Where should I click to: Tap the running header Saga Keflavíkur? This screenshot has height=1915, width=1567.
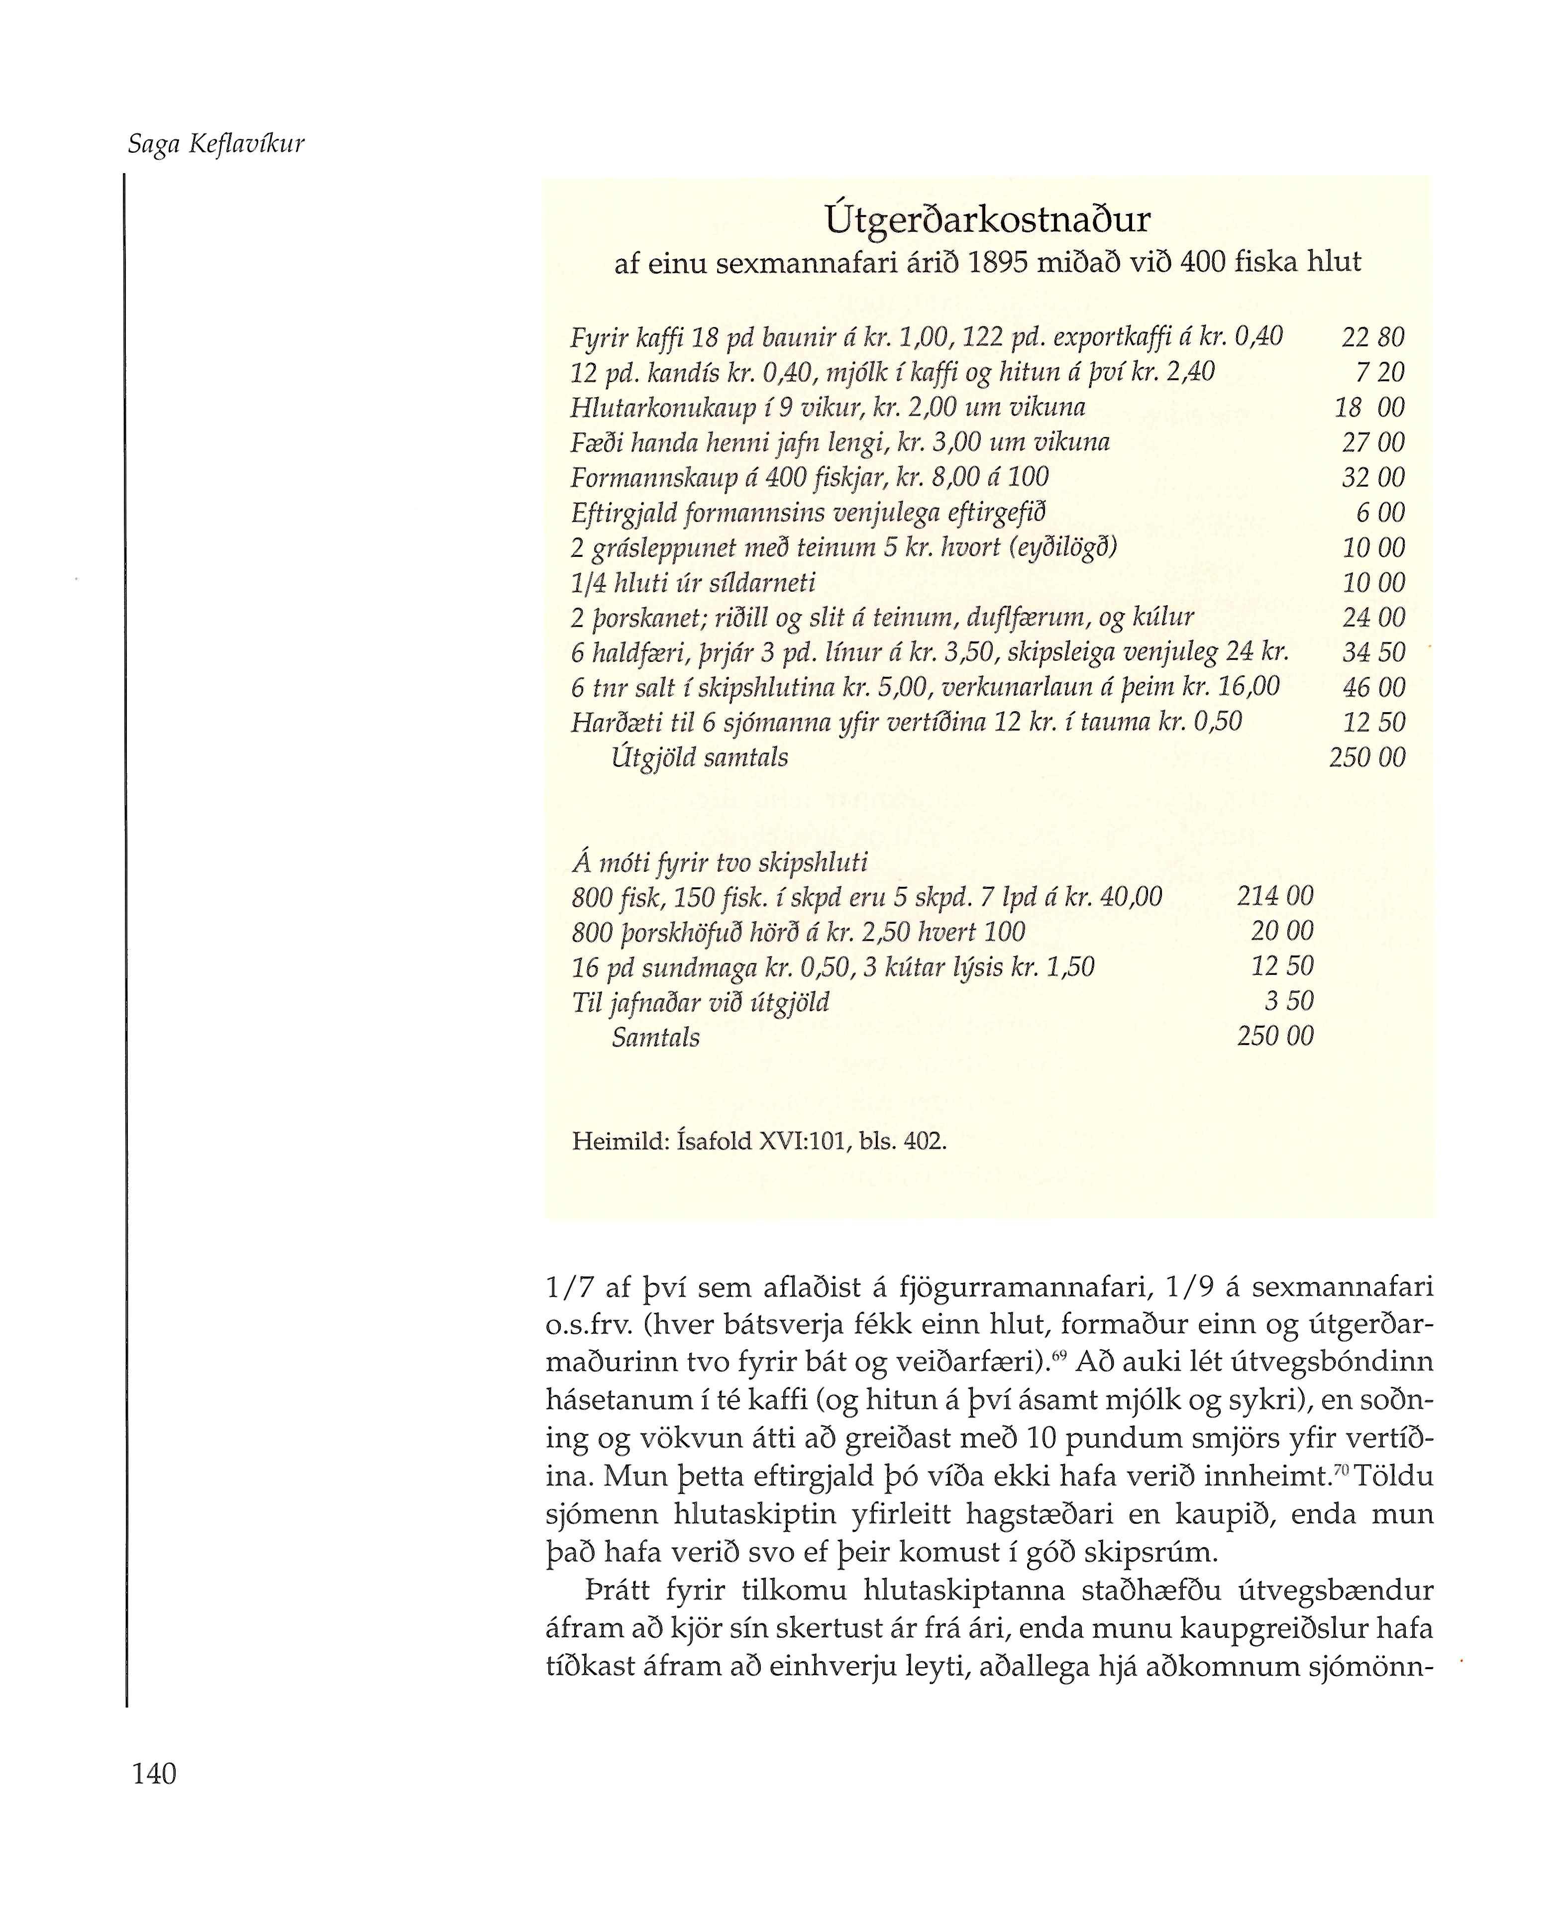tap(216, 144)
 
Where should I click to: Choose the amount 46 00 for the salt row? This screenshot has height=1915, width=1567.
tap(1373, 687)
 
